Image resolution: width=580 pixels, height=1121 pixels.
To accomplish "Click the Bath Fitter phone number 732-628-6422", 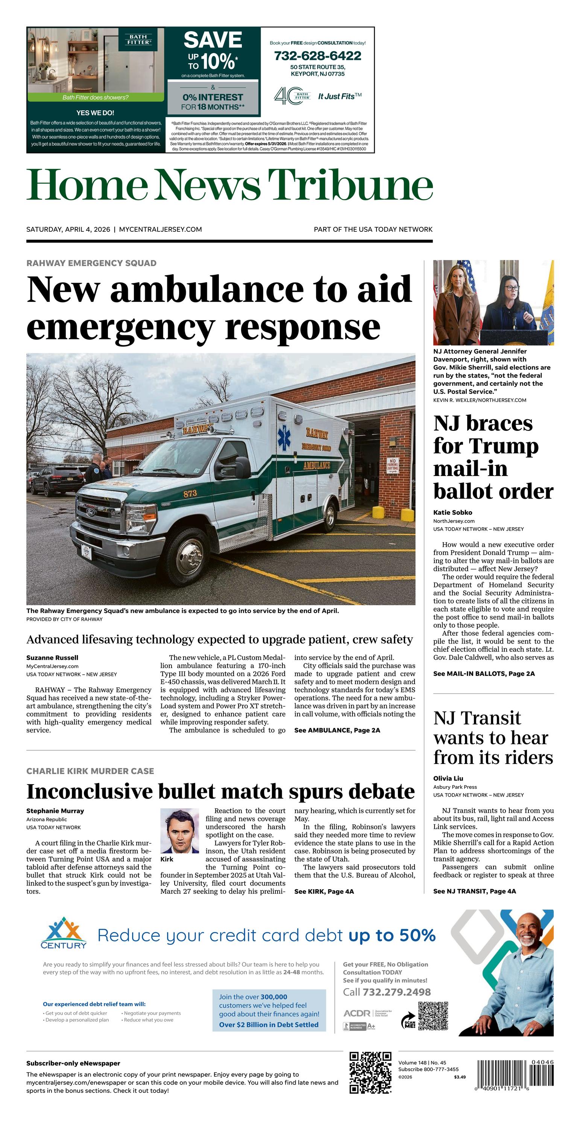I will click(x=317, y=56).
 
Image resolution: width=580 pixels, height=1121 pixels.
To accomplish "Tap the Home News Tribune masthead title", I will click(x=229, y=184).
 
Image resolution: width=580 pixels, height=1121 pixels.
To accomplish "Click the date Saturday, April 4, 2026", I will click(x=68, y=229).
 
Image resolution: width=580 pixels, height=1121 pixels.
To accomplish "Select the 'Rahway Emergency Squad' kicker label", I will click(x=91, y=263).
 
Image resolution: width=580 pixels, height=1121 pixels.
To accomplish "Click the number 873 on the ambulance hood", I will click(x=190, y=493).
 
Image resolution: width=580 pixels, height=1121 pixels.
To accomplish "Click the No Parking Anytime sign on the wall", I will click(x=392, y=465).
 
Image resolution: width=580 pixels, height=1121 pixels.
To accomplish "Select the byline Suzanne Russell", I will click(x=52, y=657).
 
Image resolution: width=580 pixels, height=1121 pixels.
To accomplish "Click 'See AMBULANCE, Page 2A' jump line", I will click(x=337, y=730).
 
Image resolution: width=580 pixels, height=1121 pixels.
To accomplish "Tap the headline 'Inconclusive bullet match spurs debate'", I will click(x=220, y=791).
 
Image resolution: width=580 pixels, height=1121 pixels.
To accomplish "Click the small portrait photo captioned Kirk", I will click(x=180, y=831).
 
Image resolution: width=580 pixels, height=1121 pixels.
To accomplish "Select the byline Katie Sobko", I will click(x=452, y=512).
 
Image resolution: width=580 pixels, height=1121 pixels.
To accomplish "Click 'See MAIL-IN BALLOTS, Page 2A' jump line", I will click(x=484, y=674).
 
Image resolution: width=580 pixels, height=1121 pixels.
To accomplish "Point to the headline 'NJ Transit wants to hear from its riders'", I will click(x=492, y=738).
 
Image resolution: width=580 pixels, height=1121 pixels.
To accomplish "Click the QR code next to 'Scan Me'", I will click(x=433, y=1016).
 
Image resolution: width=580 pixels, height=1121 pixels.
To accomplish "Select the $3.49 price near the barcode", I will click(x=460, y=1077).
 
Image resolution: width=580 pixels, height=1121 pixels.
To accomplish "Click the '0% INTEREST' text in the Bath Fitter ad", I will click(x=213, y=97).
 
